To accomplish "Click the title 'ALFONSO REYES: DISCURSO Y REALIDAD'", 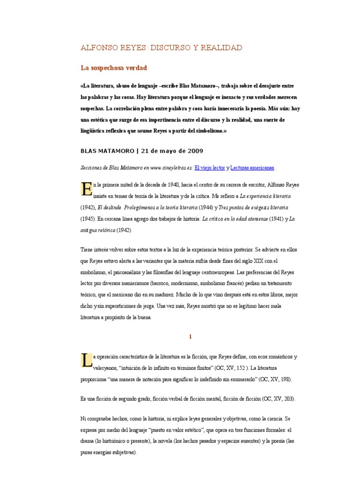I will (161, 48).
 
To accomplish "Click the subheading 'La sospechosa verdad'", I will (114, 68).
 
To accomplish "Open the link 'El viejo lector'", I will (210, 167).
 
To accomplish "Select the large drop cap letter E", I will (86, 190).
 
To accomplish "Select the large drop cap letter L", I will (86, 360).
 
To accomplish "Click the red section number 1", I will (190, 337).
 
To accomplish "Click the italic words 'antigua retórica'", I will (98, 230).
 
